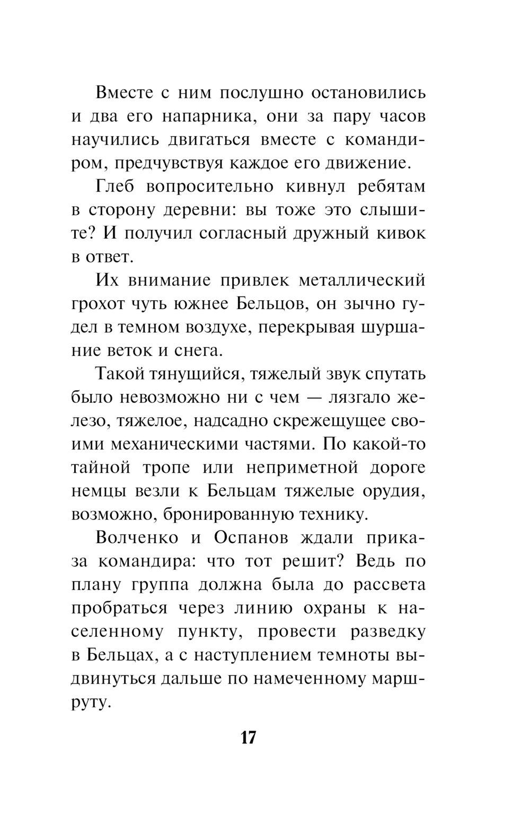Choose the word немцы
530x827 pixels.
coord(98,491)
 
